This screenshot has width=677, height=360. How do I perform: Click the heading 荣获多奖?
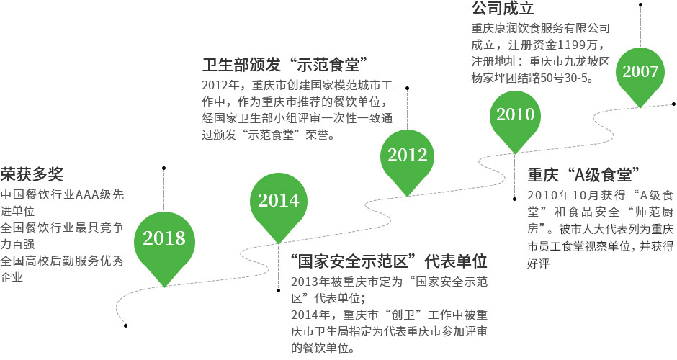32,174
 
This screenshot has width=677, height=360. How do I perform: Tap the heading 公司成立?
503,8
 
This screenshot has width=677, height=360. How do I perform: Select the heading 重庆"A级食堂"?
583,175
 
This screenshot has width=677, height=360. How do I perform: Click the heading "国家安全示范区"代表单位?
389,261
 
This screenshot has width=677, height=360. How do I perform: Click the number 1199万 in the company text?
578,45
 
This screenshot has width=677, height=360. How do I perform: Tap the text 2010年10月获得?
576,196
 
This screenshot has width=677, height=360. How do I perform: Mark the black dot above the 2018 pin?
163,168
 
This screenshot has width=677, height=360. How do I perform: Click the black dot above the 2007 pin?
641,5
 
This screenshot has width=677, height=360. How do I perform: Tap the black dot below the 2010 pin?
514,199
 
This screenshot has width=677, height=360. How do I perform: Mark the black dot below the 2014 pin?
279,290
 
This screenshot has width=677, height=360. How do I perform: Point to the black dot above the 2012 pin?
407,88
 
